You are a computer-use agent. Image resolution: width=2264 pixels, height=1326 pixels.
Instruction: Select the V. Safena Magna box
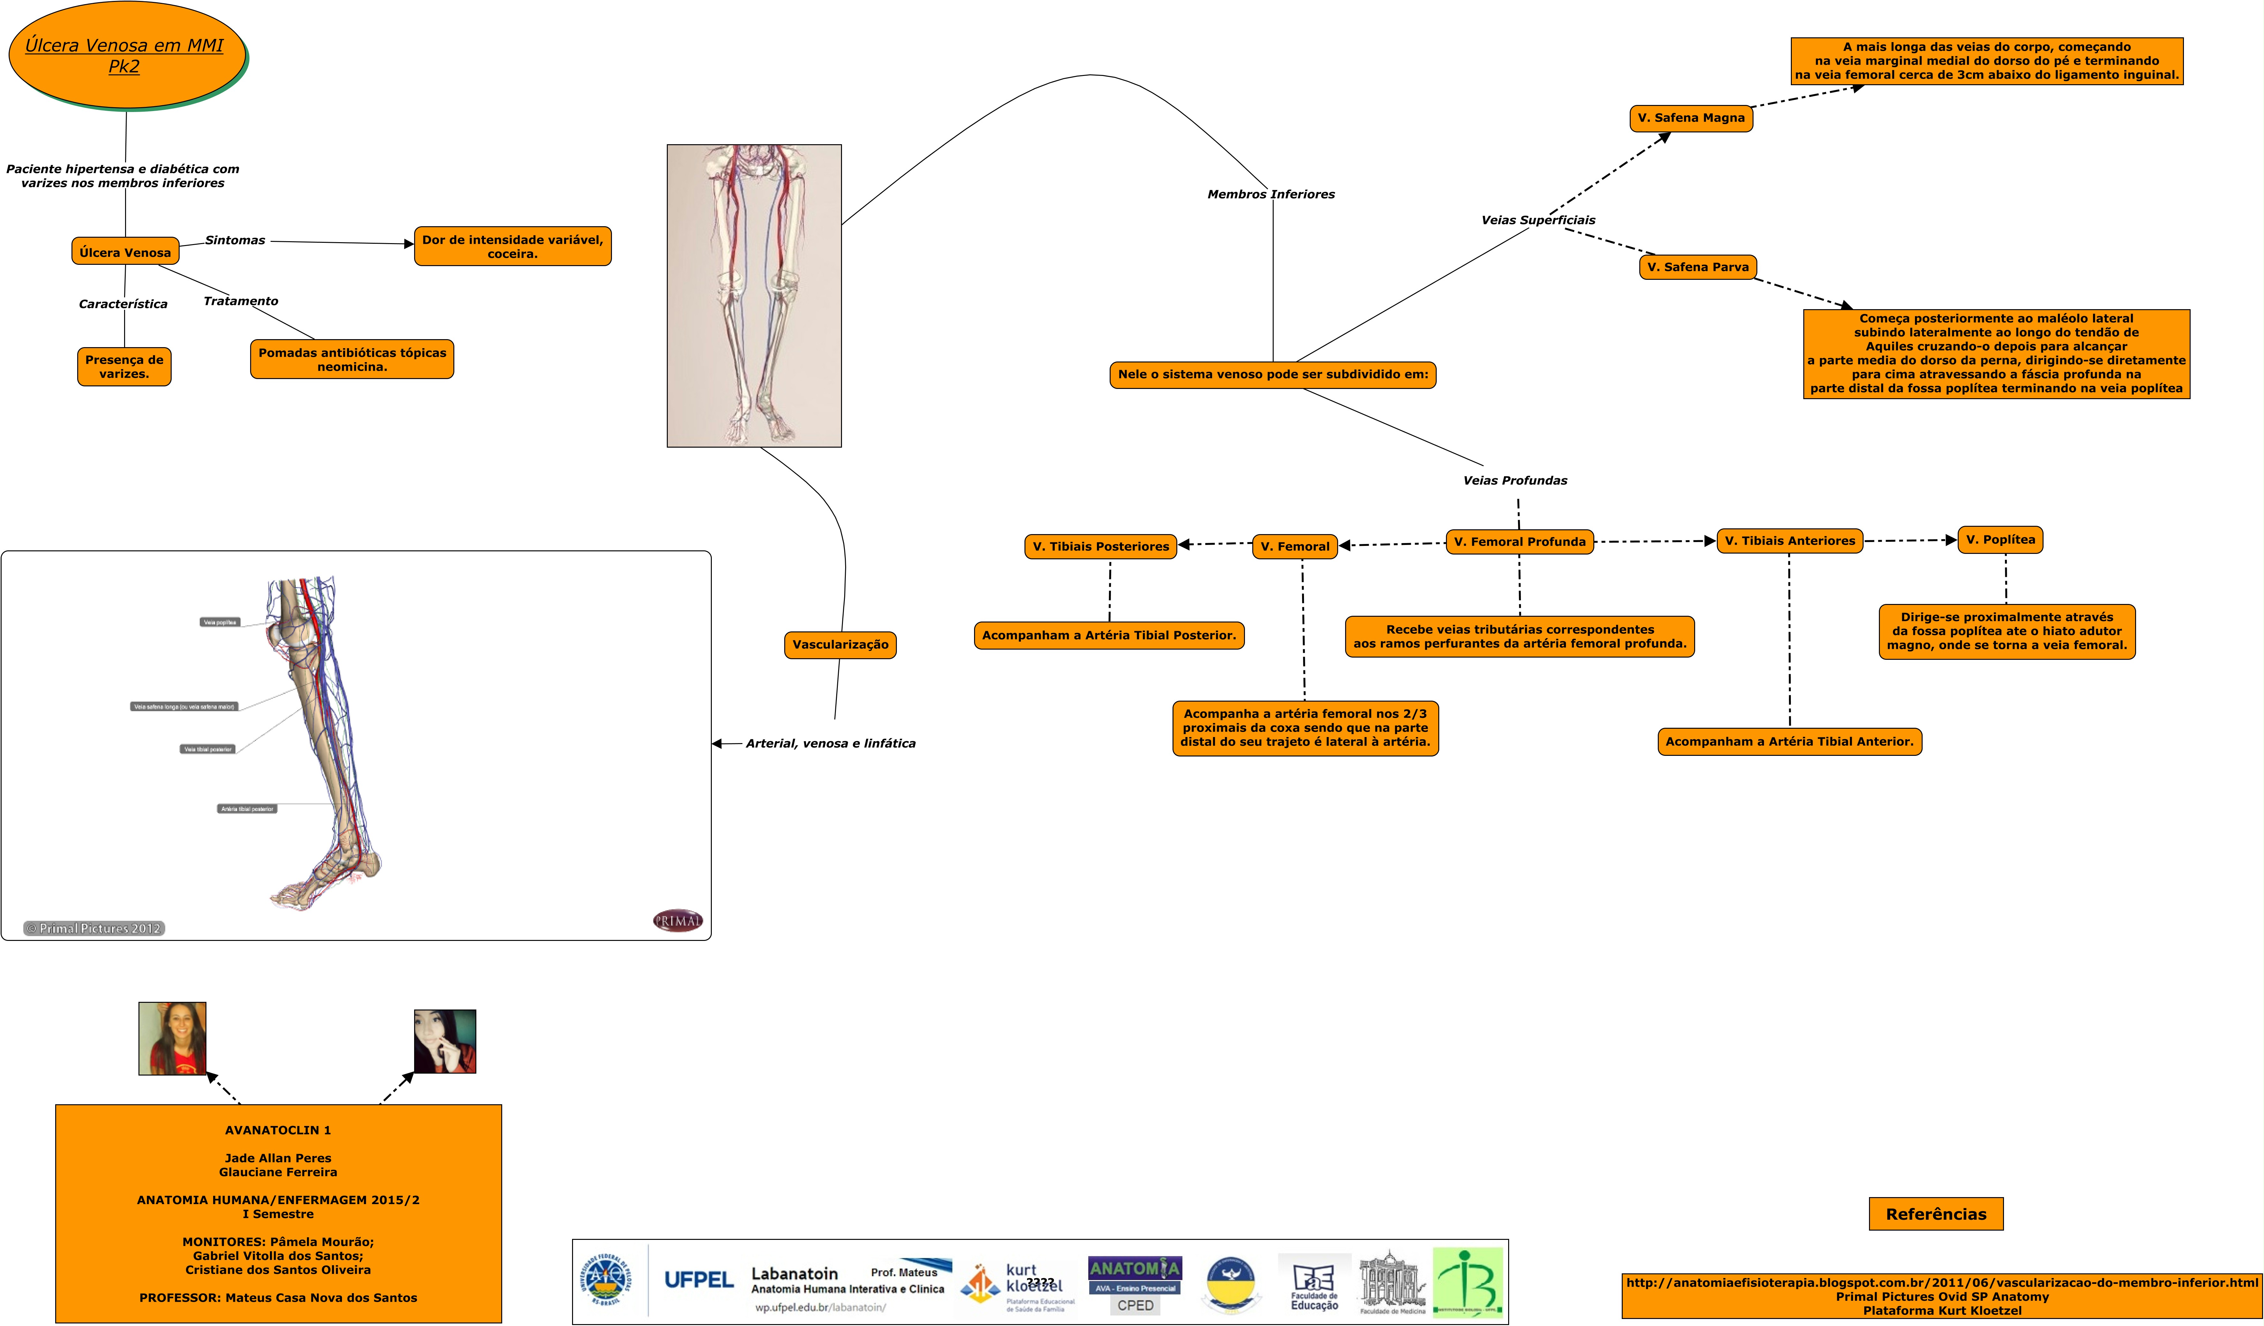[1691, 118]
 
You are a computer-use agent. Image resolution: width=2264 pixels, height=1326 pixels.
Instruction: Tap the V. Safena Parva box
[1697, 267]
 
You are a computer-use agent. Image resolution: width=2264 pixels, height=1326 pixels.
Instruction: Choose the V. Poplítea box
[2000, 540]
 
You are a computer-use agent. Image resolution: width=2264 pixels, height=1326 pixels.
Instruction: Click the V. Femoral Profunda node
[1519, 542]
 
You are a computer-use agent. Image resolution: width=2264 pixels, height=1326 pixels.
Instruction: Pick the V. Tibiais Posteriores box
[1100, 546]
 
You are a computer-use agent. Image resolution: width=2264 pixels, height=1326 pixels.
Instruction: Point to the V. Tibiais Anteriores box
[1790, 541]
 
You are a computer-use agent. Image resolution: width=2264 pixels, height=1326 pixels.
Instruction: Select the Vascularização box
[840, 644]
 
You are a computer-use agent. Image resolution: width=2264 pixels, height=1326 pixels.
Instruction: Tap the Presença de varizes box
[124, 367]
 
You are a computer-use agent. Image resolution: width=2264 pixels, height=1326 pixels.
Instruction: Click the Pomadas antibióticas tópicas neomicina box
[352, 359]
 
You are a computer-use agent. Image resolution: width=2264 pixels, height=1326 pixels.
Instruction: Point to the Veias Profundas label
[1515, 480]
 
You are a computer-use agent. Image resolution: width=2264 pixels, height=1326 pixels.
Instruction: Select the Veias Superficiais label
[1538, 220]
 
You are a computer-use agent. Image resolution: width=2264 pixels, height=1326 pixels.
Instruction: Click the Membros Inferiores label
[1270, 194]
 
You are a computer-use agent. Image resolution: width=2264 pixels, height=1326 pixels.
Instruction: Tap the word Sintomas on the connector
[235, 240]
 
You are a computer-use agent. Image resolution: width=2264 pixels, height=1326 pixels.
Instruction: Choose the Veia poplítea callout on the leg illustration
[220, 622]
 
